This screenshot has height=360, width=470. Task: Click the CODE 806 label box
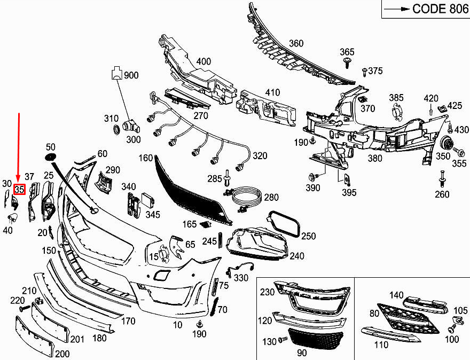tap(425, 9)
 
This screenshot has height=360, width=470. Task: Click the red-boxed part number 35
tap(20, 190)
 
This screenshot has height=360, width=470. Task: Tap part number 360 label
tap(295, 43)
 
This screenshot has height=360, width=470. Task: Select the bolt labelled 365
tap(348, 64)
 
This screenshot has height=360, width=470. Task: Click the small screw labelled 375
tap(365, 71)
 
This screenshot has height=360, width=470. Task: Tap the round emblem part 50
tap(50, 156)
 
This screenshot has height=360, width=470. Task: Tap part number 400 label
tap(203, 61)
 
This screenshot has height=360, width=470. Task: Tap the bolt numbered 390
tap(312, 176)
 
